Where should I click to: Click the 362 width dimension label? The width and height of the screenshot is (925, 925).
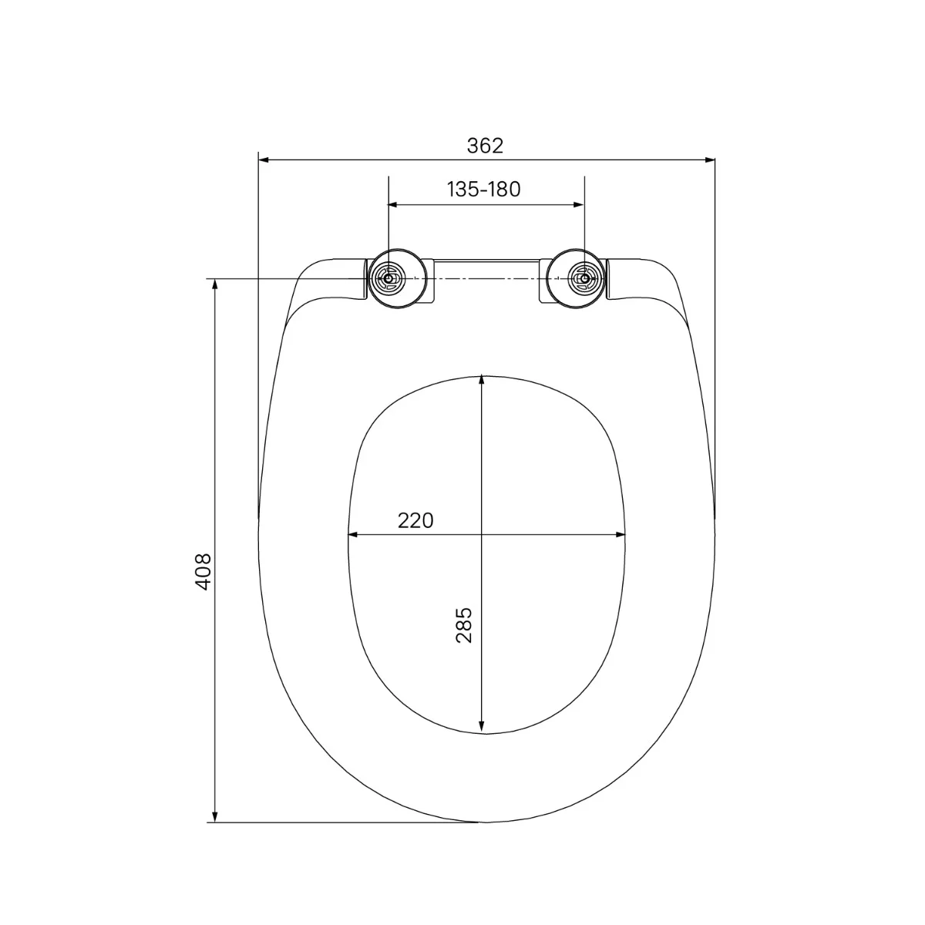(485, 146)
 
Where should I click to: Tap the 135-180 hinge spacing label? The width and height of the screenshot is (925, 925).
(483, 190)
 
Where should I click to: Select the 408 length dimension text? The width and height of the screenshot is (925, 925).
(203, 572)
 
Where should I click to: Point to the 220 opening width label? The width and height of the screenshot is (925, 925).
(415, 520)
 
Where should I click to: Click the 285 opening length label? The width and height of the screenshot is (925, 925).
(464, 625)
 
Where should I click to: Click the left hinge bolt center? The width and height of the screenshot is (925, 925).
(388, 278)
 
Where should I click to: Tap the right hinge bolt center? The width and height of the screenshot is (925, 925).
(584, 278)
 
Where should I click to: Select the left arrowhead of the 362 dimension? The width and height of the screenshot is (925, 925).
(264, 160)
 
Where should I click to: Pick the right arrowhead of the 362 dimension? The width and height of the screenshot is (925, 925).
(709, 160)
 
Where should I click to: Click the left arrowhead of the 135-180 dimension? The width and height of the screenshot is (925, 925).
(394, 205)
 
